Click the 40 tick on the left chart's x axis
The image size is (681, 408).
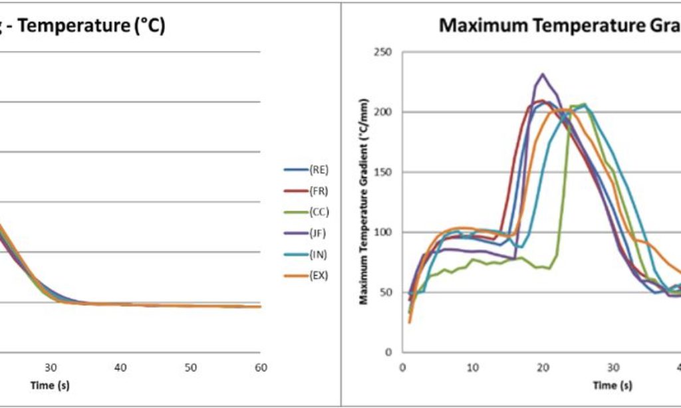click(120, 367)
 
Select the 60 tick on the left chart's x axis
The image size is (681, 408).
click(261, 367)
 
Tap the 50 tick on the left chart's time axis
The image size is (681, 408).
click(191, 367)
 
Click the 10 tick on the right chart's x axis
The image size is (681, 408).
click(472, 367)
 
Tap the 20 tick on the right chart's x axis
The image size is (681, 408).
click(543, 367)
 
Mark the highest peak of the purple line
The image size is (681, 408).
click(543, 74)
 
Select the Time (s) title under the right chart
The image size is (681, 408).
click(613, 385)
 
